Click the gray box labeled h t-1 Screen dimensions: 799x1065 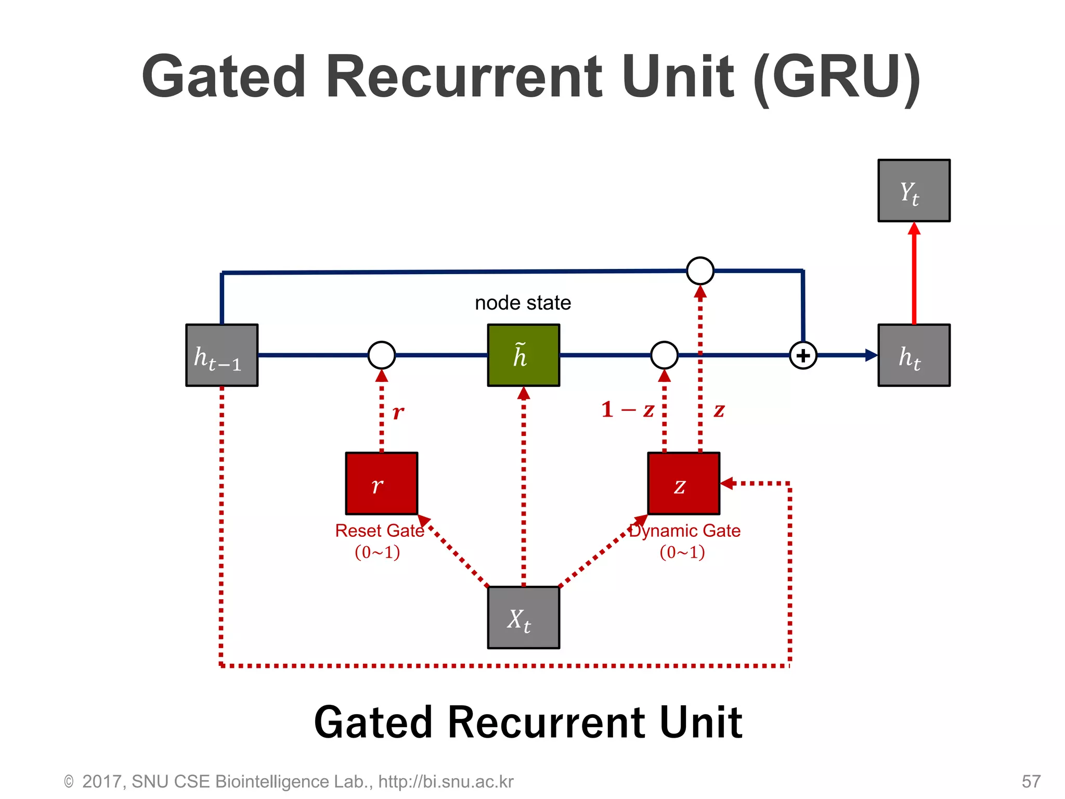click(x=222, y=355)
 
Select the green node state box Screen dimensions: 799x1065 click(x=523, y=355)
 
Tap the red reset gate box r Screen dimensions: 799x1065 click(x=382, y=483)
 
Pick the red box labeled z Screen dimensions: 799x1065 click(x=683, y=483)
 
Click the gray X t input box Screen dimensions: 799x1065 click(x=523, y=617)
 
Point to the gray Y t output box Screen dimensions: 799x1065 click(x=914, y=190)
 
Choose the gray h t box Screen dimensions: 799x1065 click(x=914, y=355)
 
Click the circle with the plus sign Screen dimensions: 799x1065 click(x=803, y=356)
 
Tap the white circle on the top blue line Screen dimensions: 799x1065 click(x=700, y=270)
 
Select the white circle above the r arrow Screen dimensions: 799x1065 click(x=382, y=355)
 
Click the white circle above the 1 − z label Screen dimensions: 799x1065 click(x=664, y=355)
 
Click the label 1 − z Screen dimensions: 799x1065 click(x=627, y=410)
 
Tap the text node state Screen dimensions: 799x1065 click(x=523, y=303)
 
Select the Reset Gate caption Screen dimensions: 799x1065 click(x=379, y=531)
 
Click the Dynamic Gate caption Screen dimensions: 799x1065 click(x=684, y=531)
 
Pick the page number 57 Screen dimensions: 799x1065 click(x=1031, y=781)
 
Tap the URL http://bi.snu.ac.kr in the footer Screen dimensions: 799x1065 click(x=446, y=781)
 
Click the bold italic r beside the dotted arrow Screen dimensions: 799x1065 click(x=398, y=413)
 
